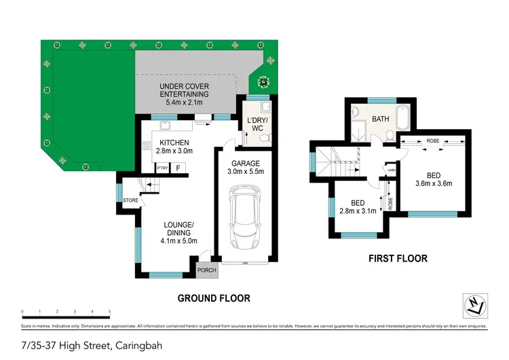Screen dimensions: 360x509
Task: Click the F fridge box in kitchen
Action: (178, 168)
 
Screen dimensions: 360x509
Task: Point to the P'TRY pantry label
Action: (162, 168)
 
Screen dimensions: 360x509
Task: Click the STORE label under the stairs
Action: (130, 200)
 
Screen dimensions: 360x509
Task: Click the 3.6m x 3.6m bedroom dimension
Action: (434, 183)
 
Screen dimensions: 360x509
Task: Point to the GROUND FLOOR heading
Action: (214, 298)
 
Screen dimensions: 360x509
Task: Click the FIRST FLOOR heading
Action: (397, 258)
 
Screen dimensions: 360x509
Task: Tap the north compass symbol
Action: (477, 306)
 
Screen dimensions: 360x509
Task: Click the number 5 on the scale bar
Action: (110, 312)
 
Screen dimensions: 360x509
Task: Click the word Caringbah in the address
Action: (138, 345)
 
